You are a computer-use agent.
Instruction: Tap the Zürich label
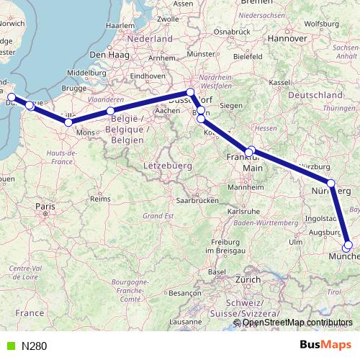[x=248, y=279]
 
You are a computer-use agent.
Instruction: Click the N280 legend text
[x=34, y=346]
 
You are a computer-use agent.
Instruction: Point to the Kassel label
[x=280, y=83]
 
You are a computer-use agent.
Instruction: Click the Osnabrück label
[x=231, y=31]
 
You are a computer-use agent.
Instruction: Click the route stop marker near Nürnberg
[x=331, y=184]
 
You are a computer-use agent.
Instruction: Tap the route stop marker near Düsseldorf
[x=190, y=92]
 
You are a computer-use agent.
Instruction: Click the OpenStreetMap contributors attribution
[x=297, y=323]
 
